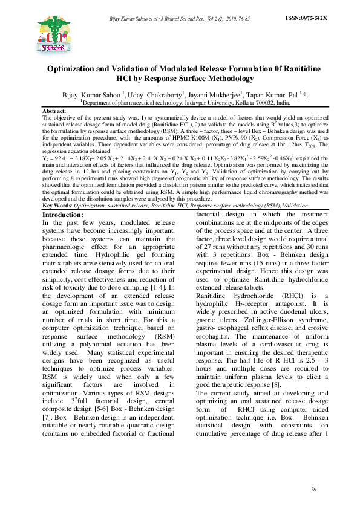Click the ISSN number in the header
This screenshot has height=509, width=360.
[x=306, y=19]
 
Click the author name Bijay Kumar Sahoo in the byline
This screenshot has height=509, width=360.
[x=91, y=95]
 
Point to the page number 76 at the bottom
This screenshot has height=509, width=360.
[x=313, y=488]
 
